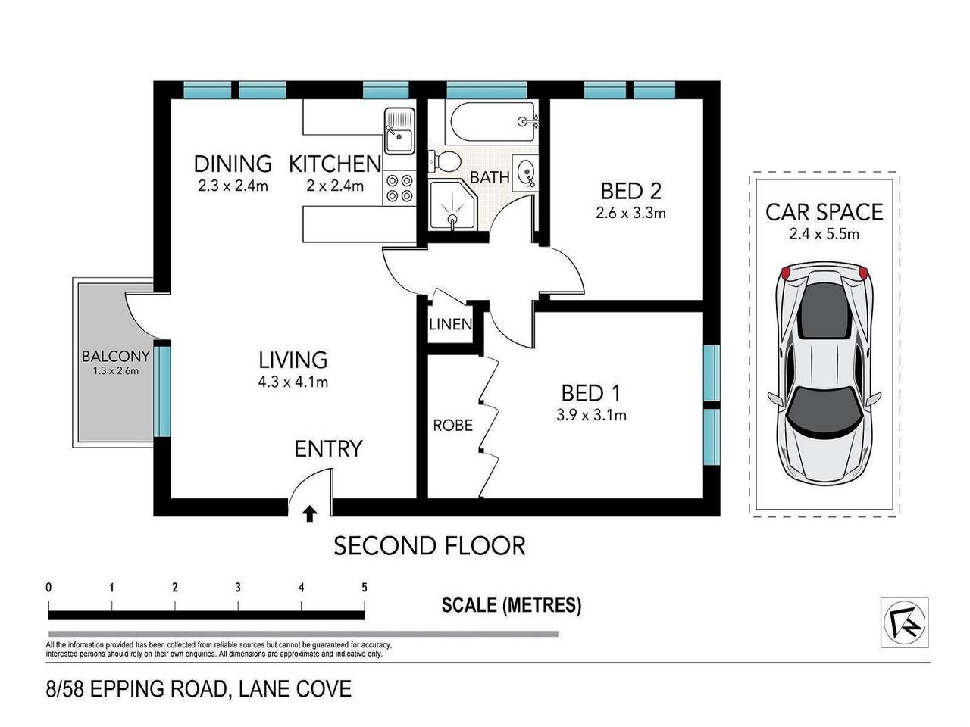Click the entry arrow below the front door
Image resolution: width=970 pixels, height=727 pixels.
coord(309,515)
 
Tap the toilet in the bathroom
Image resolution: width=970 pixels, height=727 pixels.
coord(445,161)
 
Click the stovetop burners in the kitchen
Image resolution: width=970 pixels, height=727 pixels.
coord(399,189)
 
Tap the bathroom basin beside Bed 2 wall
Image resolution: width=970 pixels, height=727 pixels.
coord(525,173)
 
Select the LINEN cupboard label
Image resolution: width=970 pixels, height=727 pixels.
coord(451,325)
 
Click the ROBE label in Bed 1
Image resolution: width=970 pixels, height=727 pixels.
coord(453,426)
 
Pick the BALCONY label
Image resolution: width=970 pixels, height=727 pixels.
coord(116,356)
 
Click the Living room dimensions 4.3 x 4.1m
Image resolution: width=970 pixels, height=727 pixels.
coord(293,382)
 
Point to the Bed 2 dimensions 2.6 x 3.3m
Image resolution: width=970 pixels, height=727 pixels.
coord(630,213)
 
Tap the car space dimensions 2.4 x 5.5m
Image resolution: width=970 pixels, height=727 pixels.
coord(824,234)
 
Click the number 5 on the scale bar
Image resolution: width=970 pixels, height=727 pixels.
coord(365,588)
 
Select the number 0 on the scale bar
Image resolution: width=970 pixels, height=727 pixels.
coord(48,588)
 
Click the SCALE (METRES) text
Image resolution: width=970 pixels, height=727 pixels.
coord(512,605)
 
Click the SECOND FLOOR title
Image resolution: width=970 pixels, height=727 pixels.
coord(430,545)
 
